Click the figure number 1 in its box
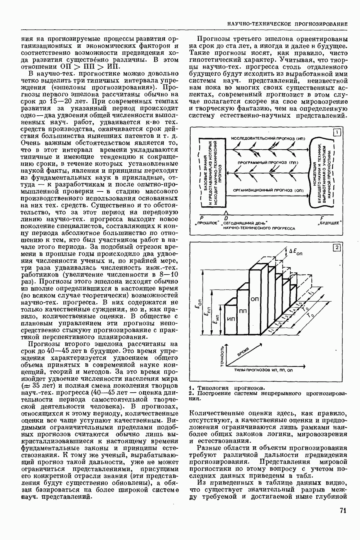tap(337, 132)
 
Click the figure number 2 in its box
tap(336, 248)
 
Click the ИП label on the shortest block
tap(231, 319)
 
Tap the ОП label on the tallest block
tap(255, 299)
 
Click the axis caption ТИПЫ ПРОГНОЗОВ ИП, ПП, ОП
tap(264, 370)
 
